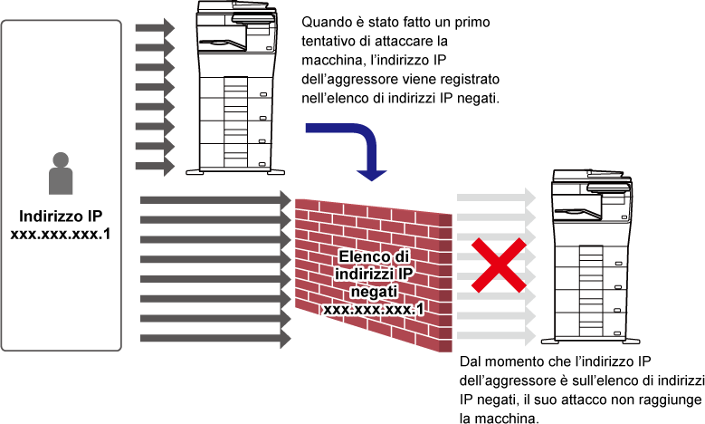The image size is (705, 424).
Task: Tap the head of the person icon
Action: [x=61, y=159]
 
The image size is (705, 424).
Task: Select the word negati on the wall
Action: [x=374, y=292]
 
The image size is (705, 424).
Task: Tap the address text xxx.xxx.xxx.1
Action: [x=374, y=309]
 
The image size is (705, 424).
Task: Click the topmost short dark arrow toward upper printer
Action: [x=155, y=27]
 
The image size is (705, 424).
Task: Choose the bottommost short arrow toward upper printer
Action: [x=155, y=167]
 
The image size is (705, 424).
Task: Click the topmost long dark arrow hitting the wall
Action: [x=215, y=199]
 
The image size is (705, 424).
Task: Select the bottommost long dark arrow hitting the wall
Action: [x=215, y=339]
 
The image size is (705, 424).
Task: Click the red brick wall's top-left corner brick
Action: [x=308, y=203]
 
